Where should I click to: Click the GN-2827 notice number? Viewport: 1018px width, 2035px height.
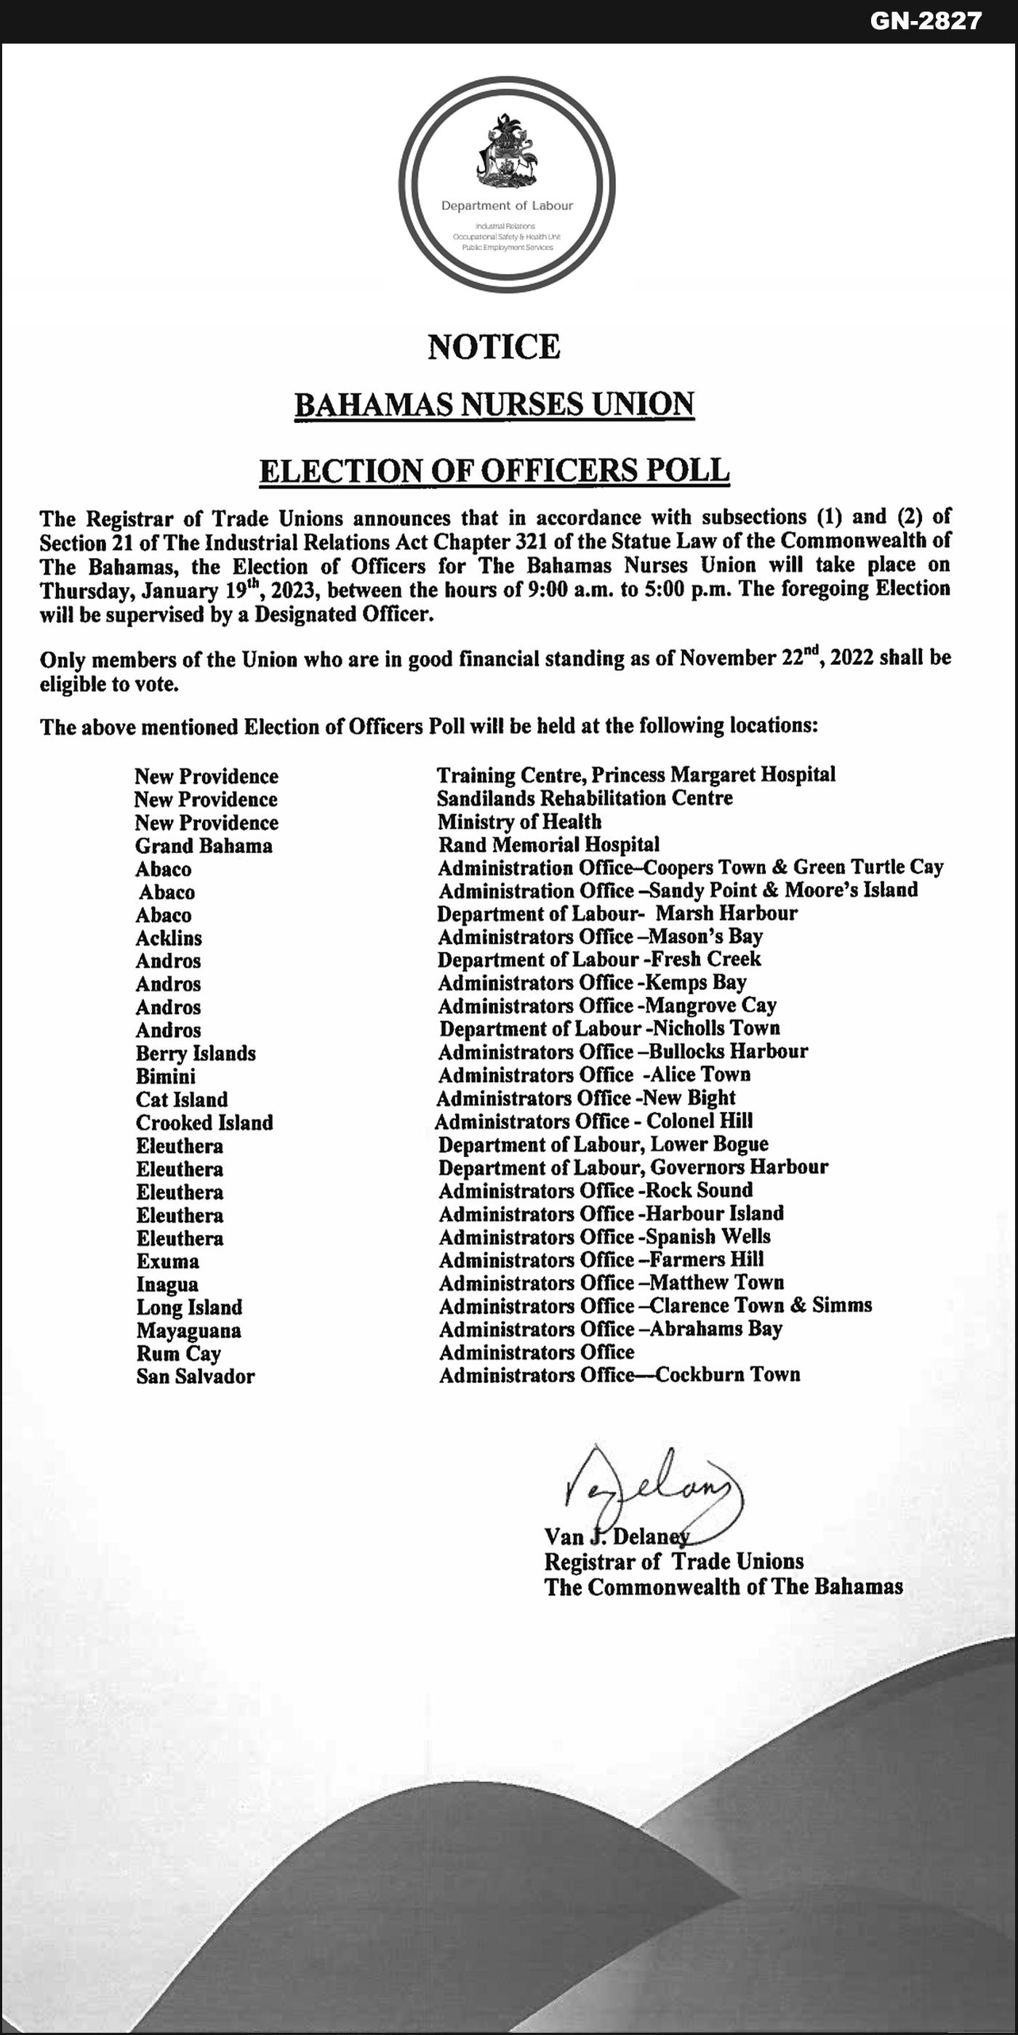click(926, 20)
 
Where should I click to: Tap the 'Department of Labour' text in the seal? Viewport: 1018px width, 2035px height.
click(507, 206)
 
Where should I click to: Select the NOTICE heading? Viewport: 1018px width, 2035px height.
click(494, 347)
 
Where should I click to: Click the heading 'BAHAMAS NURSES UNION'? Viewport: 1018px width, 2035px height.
click(494, 405)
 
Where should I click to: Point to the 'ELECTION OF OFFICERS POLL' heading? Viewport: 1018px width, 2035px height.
click(494, 471)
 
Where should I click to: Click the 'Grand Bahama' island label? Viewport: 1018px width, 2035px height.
click(204, 846)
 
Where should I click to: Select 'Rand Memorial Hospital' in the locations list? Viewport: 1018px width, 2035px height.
click(549, 845)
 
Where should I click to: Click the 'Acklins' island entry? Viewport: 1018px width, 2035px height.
click(169, 938)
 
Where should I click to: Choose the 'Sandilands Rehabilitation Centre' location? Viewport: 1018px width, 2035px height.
click(585, 798)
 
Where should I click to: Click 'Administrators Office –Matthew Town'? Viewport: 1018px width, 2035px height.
click(612, 1283)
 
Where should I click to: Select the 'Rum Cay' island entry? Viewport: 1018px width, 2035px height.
click(179, 1353)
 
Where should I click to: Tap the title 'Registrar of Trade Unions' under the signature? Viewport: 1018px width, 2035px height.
click(673, 1561)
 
